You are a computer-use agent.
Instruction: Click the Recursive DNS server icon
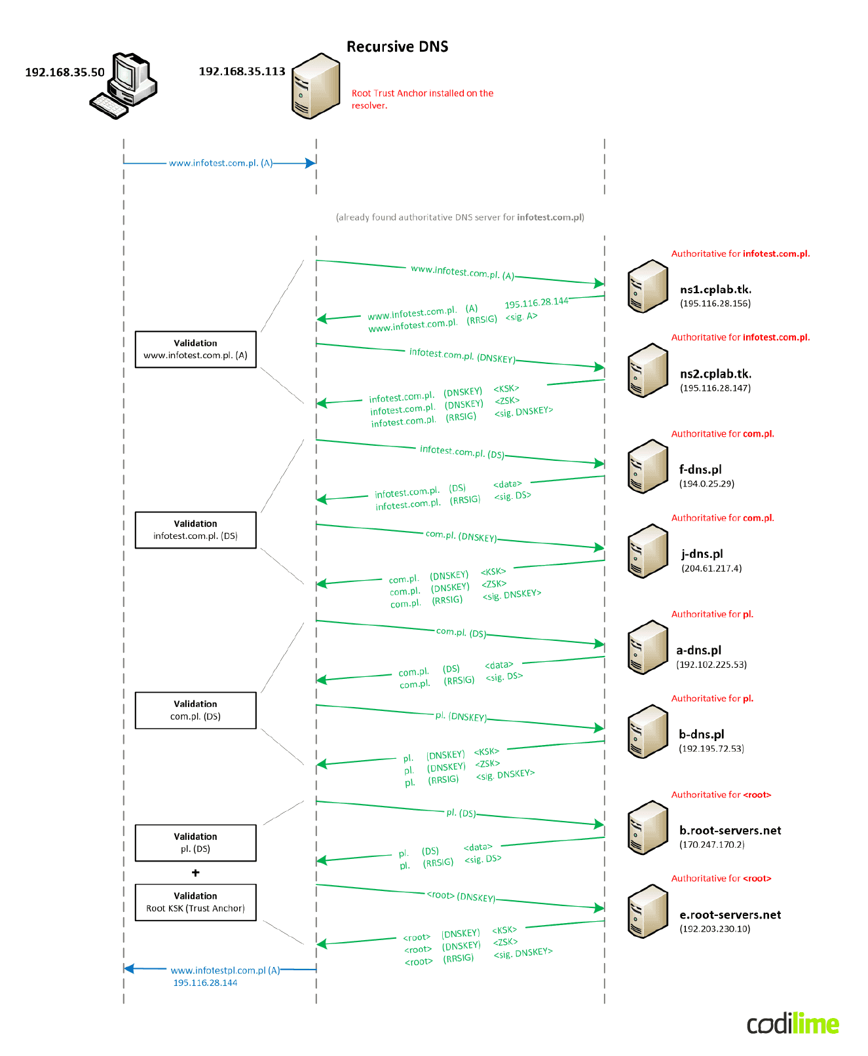click(x=316, y=86)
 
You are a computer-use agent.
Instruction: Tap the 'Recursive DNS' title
click(x=397, y=46)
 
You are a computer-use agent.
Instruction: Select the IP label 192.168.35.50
click(x=64, y=72)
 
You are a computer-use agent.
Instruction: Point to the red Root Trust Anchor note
click(x=422, y=99)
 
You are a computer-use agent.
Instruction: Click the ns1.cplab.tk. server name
click(x=715, y=289)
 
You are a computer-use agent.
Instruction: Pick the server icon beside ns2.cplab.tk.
click(x=647, y=371)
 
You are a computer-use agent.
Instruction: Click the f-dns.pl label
click(x=700, y=469)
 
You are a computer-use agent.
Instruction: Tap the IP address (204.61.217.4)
click(x=711, y=568)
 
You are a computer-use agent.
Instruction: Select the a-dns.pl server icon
click(x=647, y=647)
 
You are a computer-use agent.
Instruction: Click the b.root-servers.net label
click(x=730, y=830)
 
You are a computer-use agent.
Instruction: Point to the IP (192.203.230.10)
click(x=715, y=928)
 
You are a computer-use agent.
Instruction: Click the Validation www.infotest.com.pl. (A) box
click(x=195, y=349)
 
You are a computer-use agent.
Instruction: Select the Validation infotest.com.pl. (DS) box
click(x=195, y=530)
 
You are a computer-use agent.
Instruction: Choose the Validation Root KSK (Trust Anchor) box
click(x=195, y=902)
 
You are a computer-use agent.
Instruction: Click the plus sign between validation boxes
click(x=195, y=873)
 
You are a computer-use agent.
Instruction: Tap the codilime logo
click(x=793, y=1024)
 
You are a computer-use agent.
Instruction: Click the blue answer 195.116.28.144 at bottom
click(x=205, y=983)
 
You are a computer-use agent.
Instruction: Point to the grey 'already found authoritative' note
click(x=460, y=217)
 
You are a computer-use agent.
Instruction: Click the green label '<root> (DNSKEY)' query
click(x=461, y=896)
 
